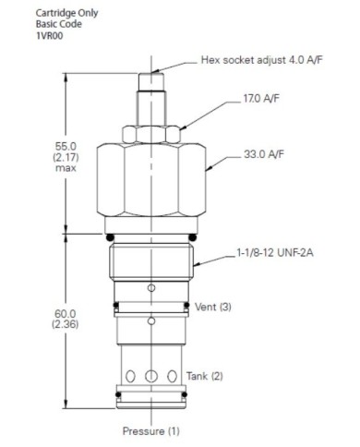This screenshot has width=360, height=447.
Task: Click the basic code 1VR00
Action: pyautogui.click(x=50, y=36)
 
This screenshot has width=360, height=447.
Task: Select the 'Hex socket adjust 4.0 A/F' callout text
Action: pyautogui.click(x=262, y=60)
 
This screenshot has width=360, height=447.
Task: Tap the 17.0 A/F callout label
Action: pyautogui.click(x=261, y=99)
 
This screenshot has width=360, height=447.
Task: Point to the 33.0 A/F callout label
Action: pyautogui.click(x=264, y=154)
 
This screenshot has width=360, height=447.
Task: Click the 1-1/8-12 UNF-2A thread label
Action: pyautogui.click(x=275, y=253)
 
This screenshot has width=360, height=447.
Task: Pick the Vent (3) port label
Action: pyautogui.click(x=213, y=307)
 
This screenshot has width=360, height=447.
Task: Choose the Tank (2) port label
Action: pyautogui.click(x=204, y=376)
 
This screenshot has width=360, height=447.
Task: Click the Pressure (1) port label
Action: pyautogui.click(x=150, y=430)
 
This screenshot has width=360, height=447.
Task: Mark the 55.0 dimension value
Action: pyautogui.click(x=66, y=146)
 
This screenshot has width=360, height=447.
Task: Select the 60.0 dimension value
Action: pyautogui.click(x=66, y=314)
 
